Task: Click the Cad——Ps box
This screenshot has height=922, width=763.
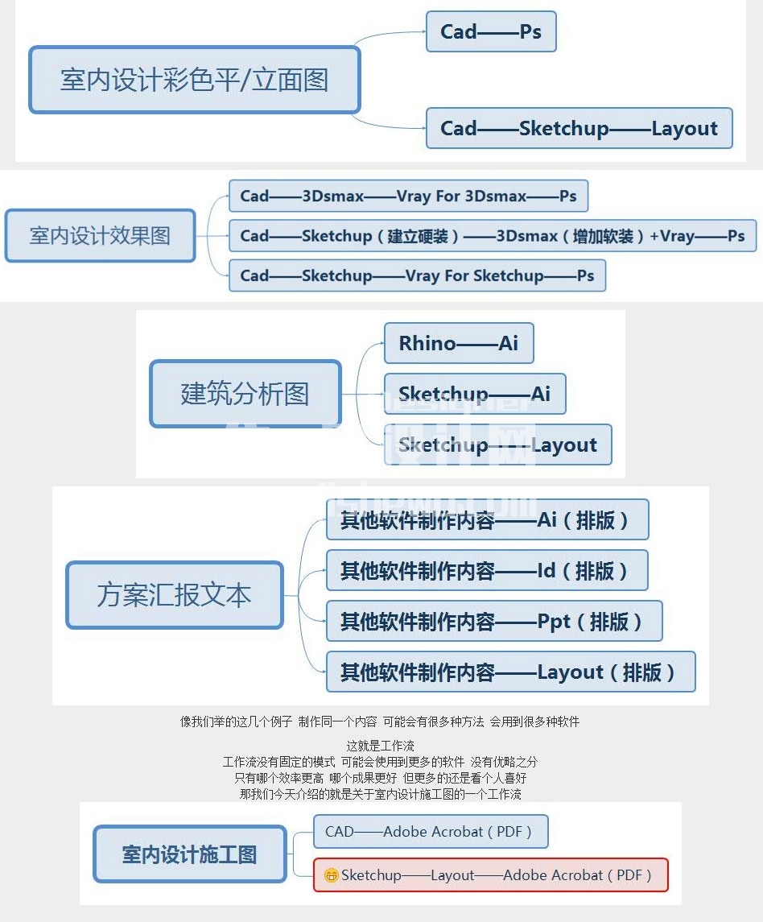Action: (x=491, y=31)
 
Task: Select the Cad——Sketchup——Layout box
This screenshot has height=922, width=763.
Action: (x=579, y=128)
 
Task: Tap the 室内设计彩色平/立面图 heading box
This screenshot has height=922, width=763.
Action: (x=195, y=80)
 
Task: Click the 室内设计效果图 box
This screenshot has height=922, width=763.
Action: (x=100, y=236)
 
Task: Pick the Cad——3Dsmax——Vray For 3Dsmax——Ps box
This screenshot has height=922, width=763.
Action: (x=408, y=196)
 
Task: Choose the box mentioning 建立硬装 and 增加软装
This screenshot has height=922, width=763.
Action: (x=492, y=236)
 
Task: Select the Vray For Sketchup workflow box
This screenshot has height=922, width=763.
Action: (x=417, y=275)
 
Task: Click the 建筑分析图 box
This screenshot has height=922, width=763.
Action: (x=245, y=394)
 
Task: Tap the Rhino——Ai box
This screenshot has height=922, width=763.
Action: (x=459, y=343)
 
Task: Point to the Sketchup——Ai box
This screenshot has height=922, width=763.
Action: (x=474, y=394)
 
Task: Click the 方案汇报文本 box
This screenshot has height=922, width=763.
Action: (x=175, y=595)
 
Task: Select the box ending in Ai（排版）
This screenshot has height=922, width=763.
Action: (x=487, y=520)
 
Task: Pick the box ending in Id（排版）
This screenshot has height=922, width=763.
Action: (x=487, y=570)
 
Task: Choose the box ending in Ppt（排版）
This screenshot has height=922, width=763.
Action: (x=494, y=621)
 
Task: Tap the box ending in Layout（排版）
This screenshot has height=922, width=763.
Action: (x=511, y=672)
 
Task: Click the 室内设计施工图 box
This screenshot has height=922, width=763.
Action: (x=190, y=854)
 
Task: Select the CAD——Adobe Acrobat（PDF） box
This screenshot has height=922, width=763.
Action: (x=431, y=832)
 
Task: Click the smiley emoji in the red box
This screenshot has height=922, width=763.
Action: (x=332, y=875)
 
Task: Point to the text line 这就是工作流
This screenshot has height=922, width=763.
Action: (x=381, y=746)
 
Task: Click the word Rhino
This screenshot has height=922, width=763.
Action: (x=427, y=343)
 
